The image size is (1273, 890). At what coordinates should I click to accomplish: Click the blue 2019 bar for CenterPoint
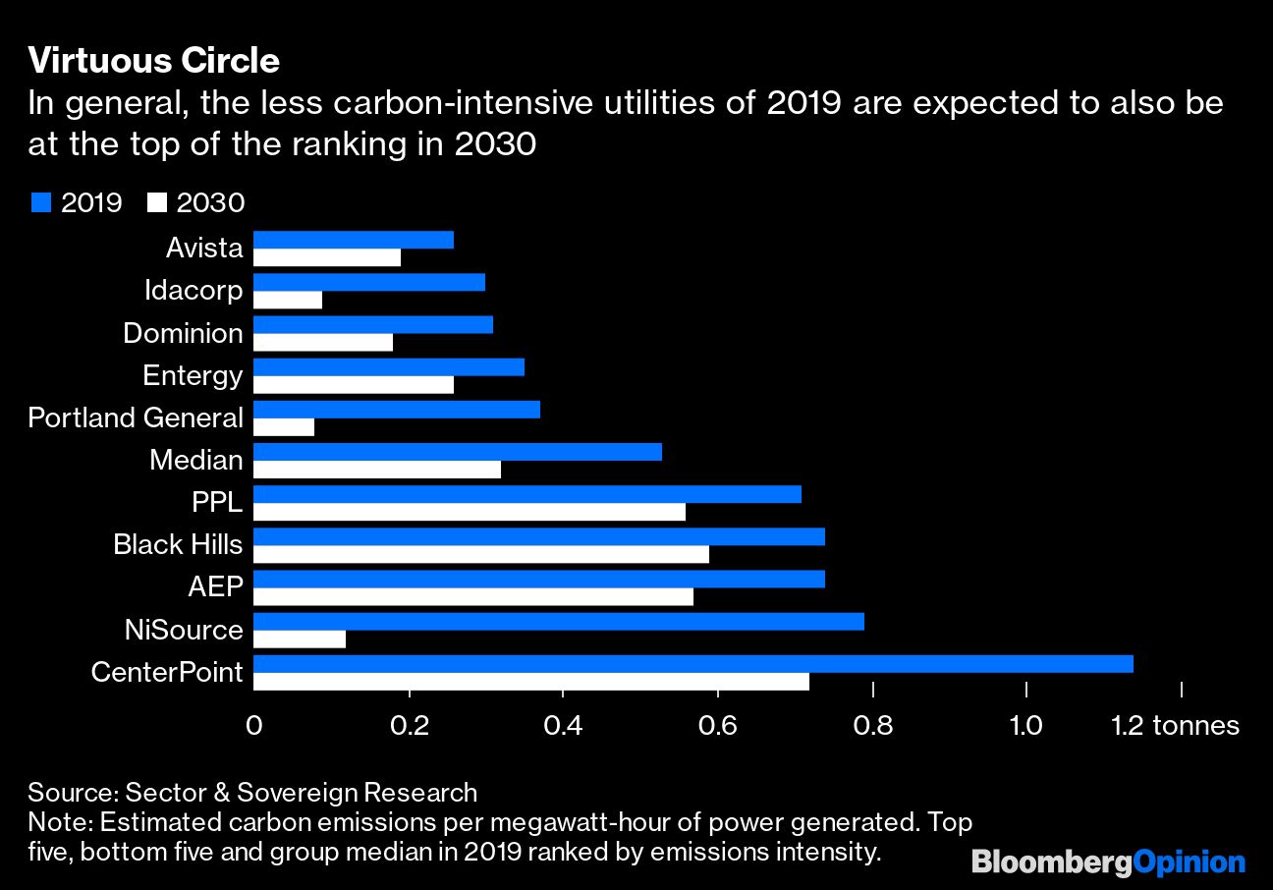693,664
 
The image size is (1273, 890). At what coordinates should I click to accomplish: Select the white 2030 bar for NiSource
300,640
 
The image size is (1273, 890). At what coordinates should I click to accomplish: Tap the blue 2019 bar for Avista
354,240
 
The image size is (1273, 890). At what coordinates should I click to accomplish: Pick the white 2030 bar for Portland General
284,427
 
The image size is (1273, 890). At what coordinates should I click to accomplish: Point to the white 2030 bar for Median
377,470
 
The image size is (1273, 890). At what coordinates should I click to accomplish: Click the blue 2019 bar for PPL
527,494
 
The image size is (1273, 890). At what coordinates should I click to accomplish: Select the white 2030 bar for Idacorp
288,300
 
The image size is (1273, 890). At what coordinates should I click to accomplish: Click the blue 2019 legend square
40,202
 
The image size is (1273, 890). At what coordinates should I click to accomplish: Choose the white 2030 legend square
156,202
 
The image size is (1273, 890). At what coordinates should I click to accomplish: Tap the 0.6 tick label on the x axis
717,726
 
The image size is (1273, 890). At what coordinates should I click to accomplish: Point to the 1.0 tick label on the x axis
1026,726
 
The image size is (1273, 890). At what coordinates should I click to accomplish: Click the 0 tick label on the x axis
254,726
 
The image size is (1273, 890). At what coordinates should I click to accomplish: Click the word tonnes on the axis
1195,726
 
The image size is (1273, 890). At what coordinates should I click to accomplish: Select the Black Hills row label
178,543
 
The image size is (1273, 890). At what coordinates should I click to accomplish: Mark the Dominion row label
183,333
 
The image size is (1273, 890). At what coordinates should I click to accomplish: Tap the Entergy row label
193,375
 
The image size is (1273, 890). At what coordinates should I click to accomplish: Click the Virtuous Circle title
153,61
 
